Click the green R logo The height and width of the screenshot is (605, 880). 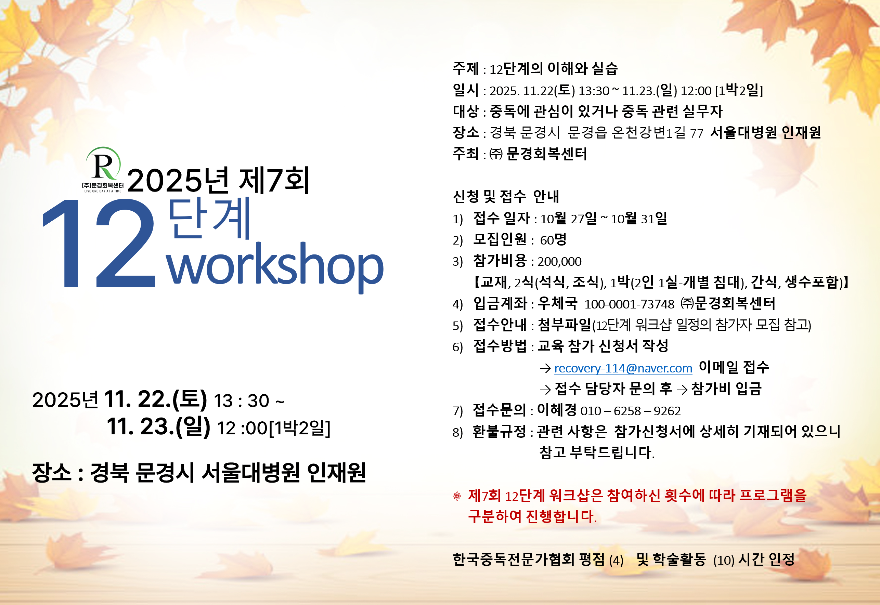(103, 164)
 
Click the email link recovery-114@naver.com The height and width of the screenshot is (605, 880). (623, 368)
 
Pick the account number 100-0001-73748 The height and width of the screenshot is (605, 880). (630, 304)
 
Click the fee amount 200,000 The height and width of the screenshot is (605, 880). (559, 262)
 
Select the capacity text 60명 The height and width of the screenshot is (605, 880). (553, 240)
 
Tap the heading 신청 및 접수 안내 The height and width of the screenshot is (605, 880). (506, 196)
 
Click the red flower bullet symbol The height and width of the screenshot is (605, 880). (457, 496)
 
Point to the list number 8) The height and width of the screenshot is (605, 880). (458, 432)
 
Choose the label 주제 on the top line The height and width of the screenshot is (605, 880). (466, 69)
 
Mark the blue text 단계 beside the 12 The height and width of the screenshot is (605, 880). (209, 219)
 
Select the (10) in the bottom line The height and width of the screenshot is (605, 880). (724, 560)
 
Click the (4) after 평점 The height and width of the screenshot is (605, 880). (616, 560)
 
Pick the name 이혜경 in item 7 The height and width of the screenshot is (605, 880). (557, 410)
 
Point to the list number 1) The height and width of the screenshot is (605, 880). (458, 219)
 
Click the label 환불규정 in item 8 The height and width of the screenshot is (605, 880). (499, 431)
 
